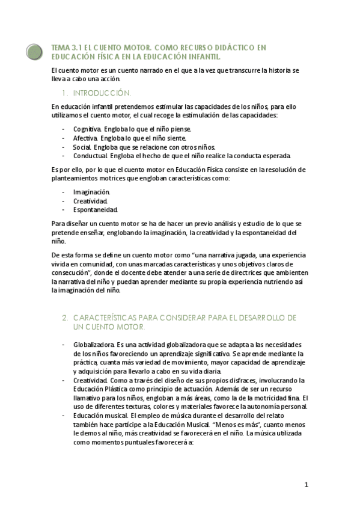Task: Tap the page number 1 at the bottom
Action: pos(306,485)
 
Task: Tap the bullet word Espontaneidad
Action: pos(95,209)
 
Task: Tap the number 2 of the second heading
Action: pos(64,317)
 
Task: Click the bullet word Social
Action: pos(82,146)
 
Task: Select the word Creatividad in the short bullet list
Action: pos(90,200)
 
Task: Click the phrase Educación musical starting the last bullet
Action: pos(99,415)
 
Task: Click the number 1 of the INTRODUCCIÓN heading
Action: pos(64,93)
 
